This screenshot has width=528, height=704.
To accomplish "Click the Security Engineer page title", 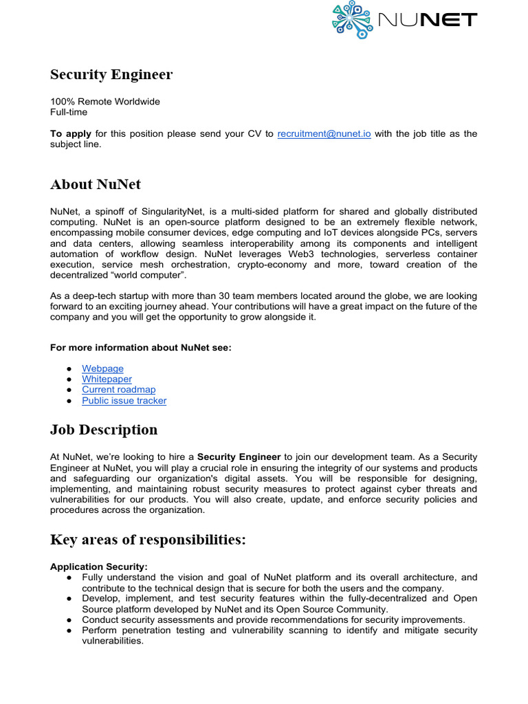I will click(111, 75).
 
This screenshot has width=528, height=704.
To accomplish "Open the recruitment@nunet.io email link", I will click(324, 134).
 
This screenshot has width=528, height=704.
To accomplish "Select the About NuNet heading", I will click(96, 184).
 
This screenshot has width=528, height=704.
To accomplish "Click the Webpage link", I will click(102, 368).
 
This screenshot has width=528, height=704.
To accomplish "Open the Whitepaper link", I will click(107, 379).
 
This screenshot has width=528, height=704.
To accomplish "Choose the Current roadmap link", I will click(118, 389).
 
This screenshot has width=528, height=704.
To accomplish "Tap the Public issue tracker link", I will click(124, 400).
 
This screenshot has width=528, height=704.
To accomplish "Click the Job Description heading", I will click(104, 430).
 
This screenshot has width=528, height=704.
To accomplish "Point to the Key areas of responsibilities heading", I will click(148, 540).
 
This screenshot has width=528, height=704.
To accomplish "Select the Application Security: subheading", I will click(99, 566).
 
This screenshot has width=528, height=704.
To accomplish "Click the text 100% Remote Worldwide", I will click(105, 102).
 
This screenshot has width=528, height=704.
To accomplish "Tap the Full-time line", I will click(69, 112).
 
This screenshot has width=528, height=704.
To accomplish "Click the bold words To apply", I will click(71, 134).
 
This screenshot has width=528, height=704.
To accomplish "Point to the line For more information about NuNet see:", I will click(141, 348).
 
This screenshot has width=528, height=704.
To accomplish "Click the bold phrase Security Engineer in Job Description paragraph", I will click(239, 456).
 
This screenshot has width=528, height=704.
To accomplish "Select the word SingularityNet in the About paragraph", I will click(176, 211).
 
